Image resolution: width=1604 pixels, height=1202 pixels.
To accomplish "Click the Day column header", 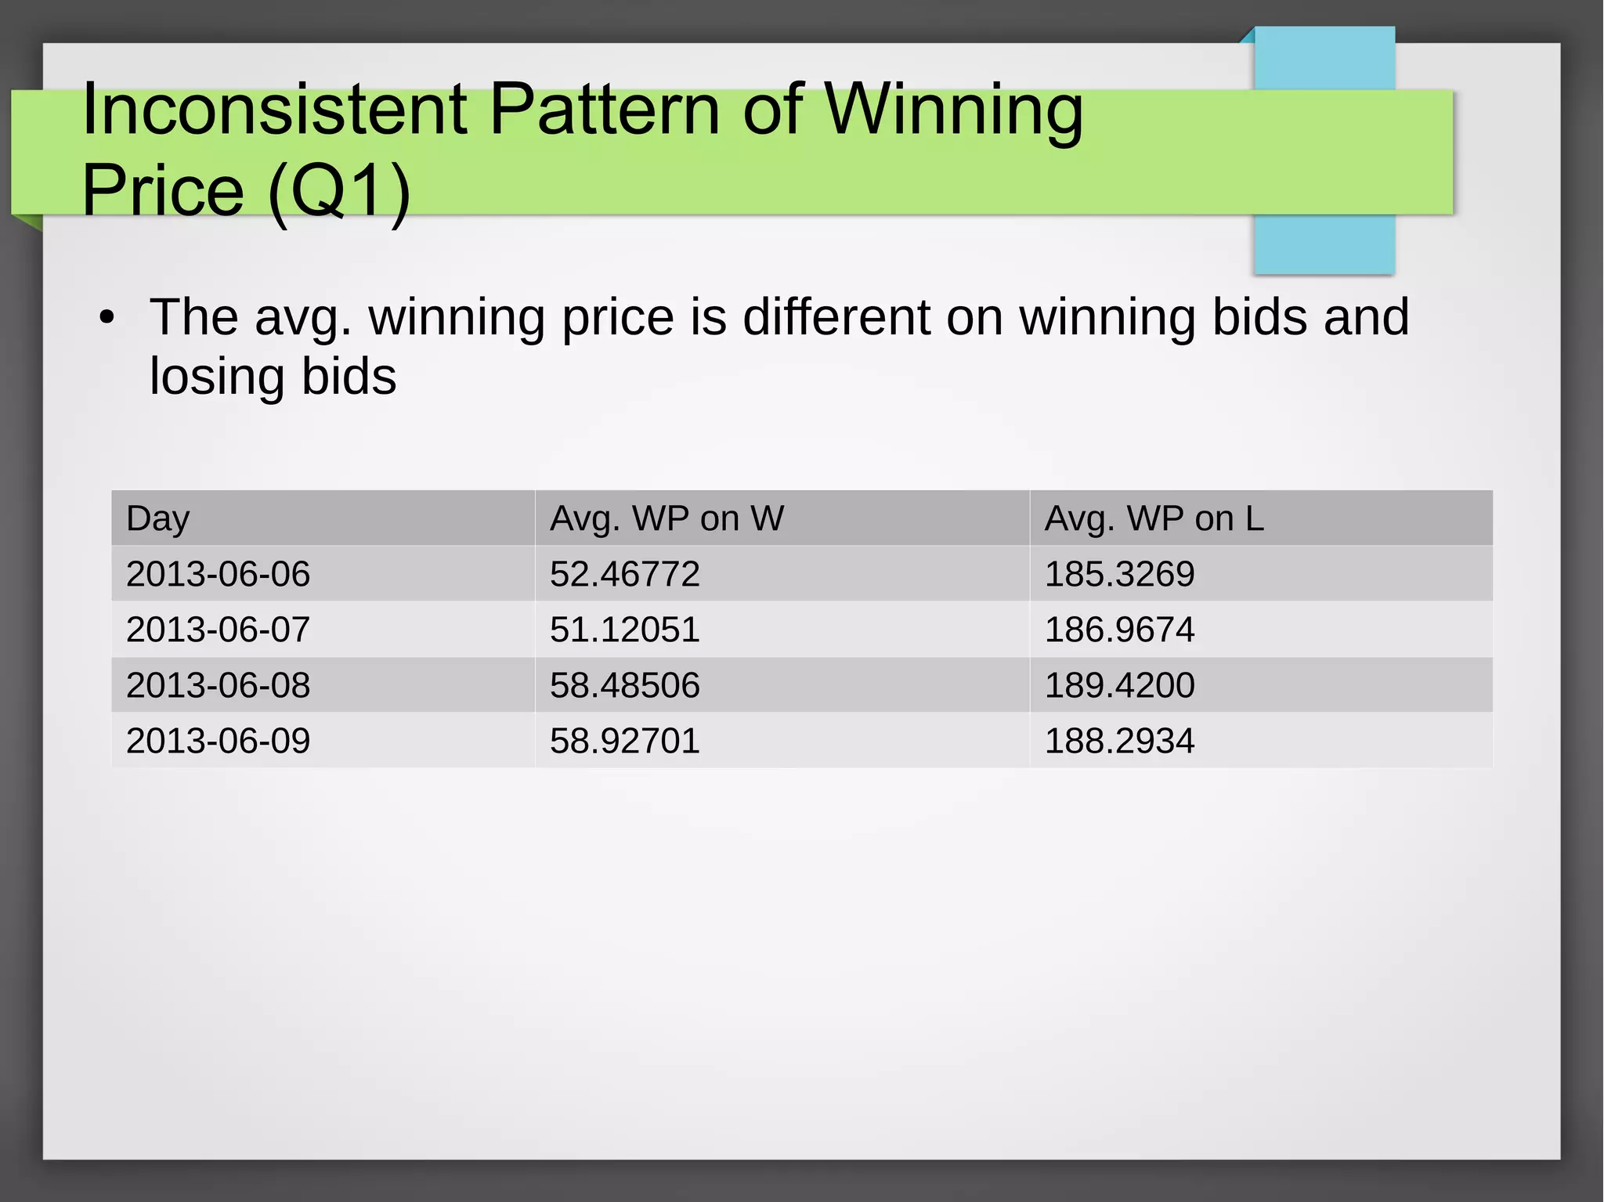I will (158, 518).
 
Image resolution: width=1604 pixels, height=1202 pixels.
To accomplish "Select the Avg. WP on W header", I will (667, 518).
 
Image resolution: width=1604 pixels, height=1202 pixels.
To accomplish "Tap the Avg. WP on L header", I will (1154, 518).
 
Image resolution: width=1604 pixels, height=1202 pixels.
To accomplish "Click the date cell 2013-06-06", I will (219, 574).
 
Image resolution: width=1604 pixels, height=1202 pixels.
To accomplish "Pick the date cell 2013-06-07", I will (219, 630).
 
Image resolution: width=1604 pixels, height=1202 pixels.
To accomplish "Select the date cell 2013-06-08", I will (219, 685).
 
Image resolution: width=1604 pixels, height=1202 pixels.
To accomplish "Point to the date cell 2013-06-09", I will (219, 741).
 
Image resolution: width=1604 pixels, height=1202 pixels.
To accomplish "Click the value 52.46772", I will (624, 574).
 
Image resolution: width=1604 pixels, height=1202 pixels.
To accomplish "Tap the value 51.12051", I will (624, 630).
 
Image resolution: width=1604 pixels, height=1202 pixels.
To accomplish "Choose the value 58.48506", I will (624, 685).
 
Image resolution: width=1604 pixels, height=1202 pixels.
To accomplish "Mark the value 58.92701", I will (624, 741).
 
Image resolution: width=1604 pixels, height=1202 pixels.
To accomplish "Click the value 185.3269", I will (1119, 574).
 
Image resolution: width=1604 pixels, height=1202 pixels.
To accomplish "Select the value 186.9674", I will (1119, 630).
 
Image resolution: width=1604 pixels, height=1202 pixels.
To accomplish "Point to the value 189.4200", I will (1119, 685).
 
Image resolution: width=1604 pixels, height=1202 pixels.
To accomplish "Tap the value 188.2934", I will (1119, 741).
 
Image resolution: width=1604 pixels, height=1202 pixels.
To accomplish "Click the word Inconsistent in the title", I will (274, 110).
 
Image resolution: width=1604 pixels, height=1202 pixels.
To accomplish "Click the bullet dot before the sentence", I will (107, 318).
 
